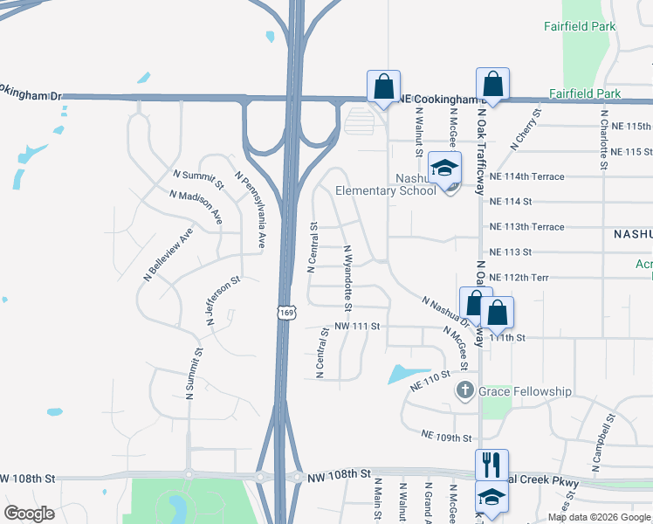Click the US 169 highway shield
click(288, 312)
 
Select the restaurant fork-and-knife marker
click(491, 463)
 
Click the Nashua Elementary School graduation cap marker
click(444, 167)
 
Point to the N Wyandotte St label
click(347, 279)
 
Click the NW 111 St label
click(358, 326)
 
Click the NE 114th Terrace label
click(527, 176)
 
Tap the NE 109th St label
click(446, 435)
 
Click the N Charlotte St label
click(603, 138)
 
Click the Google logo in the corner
click(29, 513)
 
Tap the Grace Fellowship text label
click(525, 391)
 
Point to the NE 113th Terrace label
click(527, 226)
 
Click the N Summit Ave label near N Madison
click(199, 179)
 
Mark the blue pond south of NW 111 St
click(409, 374)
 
